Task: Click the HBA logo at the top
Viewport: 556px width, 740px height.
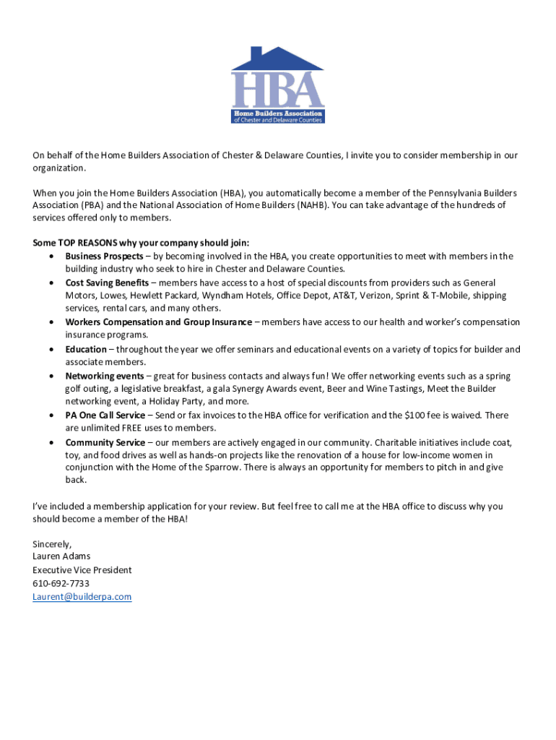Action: tap(277, 85)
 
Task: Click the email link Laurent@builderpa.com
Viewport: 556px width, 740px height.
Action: tap(82, 596)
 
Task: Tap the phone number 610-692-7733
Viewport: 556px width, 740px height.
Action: tap(61, 583)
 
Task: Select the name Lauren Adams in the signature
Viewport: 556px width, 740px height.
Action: tap(61, 556)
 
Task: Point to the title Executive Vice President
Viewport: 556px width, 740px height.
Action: tap(82, 569)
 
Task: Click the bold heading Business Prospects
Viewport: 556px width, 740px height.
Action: tap(104, 257)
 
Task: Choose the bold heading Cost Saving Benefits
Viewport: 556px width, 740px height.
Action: tap(107, 283)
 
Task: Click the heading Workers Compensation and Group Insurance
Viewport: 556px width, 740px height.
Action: tap(158, 322)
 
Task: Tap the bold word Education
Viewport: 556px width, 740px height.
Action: tap(86, 349)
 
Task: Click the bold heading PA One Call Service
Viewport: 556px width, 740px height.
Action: tap(105, 415)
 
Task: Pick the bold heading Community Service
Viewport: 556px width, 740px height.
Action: tap(105, 442)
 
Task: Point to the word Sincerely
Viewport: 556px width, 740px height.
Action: tap(52, 543)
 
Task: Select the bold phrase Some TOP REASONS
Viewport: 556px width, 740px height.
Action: tap(69, 243)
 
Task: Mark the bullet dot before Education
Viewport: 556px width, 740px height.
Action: tap(51, 350)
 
